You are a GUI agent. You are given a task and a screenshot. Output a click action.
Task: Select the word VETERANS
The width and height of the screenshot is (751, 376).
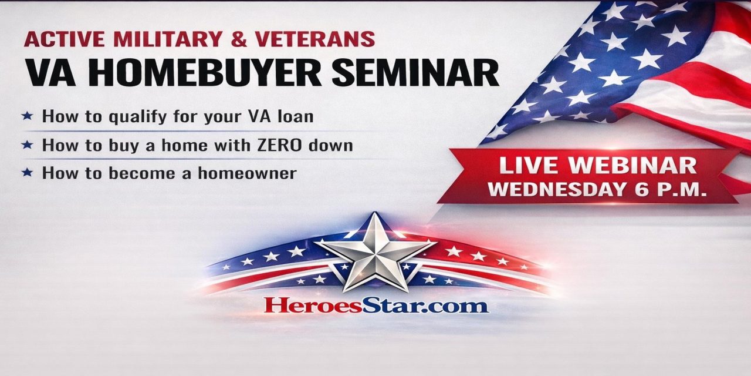pyautogui.click(x=315, y=39)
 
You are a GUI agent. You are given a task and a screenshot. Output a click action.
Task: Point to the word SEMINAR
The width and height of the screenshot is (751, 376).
pyautogui.click(x=415, y=73)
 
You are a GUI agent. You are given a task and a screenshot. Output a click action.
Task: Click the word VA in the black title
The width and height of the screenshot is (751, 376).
pyautogui.click(x=51, y=73)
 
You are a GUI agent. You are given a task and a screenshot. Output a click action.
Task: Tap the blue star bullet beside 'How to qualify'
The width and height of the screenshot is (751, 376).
pyautogui.click(x=27, y=116)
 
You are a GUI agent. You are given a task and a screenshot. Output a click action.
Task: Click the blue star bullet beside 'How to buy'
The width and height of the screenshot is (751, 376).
pyautogui.click(x=27, y=145)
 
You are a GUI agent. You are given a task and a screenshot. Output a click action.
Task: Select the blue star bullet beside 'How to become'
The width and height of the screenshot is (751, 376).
pyautogui.click(x=27, y=173)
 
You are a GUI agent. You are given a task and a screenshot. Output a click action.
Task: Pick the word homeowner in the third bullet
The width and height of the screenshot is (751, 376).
pyautogui.click(x=247, y=173)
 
